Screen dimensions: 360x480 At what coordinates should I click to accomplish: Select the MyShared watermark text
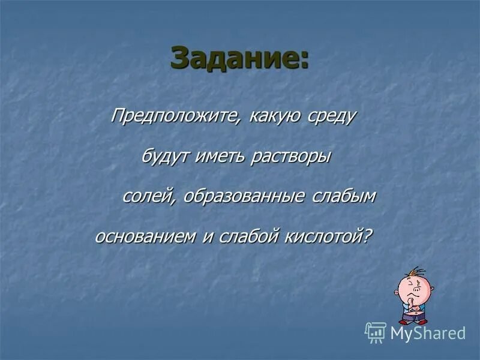click(428, 333)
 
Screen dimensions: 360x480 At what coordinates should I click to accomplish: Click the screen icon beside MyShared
click(375, 332)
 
